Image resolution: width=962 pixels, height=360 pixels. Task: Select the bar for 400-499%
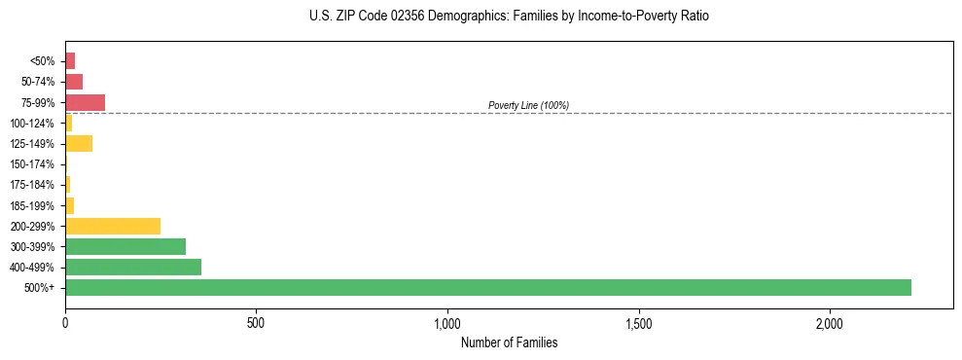tap(133, 268)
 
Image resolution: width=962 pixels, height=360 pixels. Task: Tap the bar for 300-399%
tap(125, 246)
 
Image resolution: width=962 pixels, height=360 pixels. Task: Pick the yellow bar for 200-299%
tap(113, 226)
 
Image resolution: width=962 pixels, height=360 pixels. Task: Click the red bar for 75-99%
tap(85, 102)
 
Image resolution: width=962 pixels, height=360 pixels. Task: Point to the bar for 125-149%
tap(79, 144)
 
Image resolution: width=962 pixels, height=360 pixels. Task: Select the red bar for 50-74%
tap(74, 82)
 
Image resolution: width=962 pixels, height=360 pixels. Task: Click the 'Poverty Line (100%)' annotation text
tap(528, 105)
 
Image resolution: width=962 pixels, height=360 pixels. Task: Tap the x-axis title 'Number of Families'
tap(509, 342)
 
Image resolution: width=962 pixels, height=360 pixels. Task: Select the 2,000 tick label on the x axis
tap(830, 322)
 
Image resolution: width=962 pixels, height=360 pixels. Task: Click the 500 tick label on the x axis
tap(256, 322)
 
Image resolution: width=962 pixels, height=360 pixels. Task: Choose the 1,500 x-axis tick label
tap(639, 322)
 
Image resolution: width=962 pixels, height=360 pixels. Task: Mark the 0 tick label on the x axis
tap(65, 322)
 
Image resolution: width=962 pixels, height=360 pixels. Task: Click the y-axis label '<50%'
tap(42, 61)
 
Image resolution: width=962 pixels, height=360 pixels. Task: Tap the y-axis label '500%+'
tap(40, 288)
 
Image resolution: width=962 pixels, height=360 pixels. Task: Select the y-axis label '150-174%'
tap(32, 164)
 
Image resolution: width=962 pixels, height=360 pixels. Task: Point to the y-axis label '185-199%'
tap(32, 205)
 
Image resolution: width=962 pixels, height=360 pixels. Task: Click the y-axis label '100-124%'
tap(32, 124)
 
